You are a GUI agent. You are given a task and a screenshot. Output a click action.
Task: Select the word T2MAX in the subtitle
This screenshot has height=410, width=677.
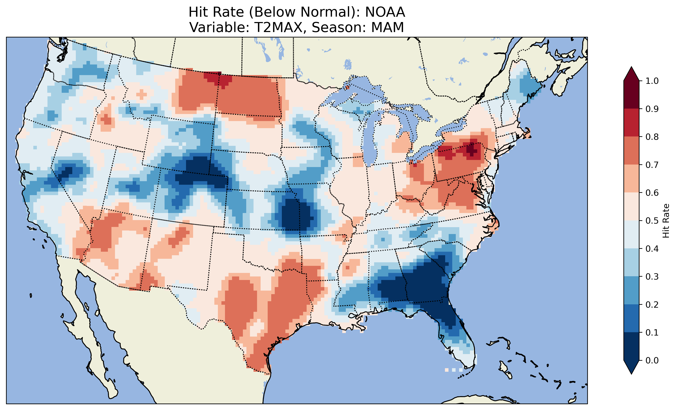(278, 27)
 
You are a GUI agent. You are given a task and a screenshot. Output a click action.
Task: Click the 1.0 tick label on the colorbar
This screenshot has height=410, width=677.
(652, 81)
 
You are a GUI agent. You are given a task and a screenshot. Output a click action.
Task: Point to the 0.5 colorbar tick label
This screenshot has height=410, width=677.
(652, 221)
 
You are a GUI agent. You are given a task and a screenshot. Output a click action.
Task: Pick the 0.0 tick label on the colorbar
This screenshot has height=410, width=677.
(652, 360)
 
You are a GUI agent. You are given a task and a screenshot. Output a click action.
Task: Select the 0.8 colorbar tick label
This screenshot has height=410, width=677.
(652, 137)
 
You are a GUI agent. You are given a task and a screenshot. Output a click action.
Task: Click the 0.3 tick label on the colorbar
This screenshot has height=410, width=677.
(652, 277)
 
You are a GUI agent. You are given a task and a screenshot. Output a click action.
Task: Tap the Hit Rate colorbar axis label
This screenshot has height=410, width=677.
(666, 221)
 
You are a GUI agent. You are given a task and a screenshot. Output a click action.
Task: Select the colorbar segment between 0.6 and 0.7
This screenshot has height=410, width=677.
(631, 179)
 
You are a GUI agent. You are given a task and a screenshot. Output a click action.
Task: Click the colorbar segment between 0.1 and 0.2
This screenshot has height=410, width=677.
(631, 318)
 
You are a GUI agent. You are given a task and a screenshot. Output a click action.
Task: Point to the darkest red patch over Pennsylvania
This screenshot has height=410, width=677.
(471, 150)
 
